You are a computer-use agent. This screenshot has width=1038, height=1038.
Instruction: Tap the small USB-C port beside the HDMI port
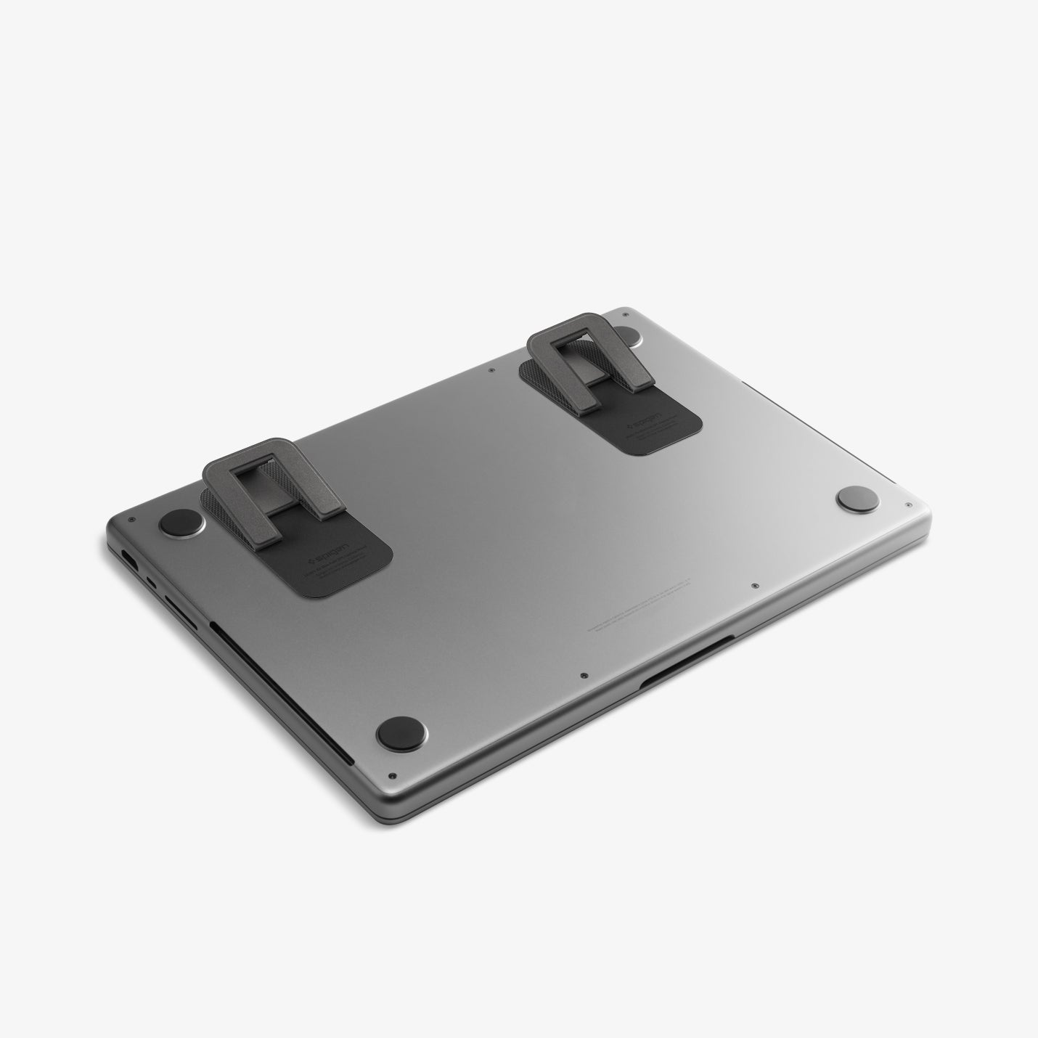(x=151, y=581)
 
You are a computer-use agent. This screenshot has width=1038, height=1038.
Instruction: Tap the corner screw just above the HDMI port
(x=130, y=520)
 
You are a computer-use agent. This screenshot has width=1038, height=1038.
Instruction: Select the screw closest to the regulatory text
(x=755, y=585)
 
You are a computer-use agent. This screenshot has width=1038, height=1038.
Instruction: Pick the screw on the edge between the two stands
(x=493, y=369)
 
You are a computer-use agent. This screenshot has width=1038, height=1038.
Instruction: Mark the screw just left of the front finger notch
(x=584, y=675)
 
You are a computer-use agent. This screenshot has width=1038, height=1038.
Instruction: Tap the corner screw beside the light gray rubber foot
(x=908, y=504)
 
